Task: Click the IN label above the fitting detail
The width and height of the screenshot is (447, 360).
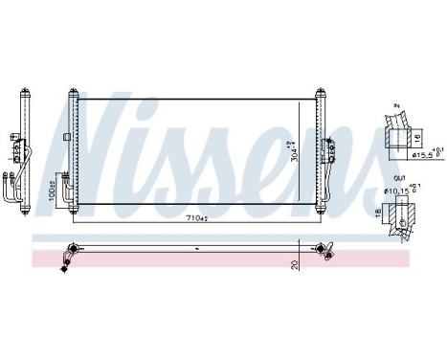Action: coord(394,108)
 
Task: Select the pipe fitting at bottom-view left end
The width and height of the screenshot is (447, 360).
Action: coord(68,253)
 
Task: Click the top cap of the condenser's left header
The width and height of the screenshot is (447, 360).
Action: coord(71,93)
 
